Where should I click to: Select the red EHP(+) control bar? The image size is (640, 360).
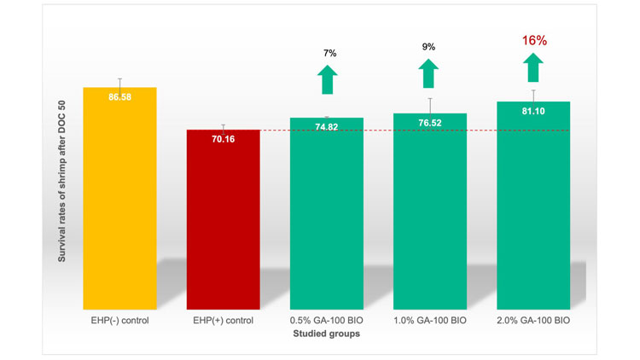click(x=224, y=222)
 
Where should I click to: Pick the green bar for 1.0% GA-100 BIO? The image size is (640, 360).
click(x=429, y=213)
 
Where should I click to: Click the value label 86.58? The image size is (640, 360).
click(x=119, y=99)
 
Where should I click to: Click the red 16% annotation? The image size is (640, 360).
click(x=533, y=40)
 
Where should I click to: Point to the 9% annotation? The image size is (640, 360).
click(x=430, y=48)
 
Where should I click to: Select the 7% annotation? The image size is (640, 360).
click(x=328, y=54)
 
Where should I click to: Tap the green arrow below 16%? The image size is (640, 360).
click(x=533, y=67)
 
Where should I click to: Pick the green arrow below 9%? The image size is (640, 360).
click(x=430, y=73)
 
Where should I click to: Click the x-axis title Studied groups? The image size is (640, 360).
click(x=326, y=334)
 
